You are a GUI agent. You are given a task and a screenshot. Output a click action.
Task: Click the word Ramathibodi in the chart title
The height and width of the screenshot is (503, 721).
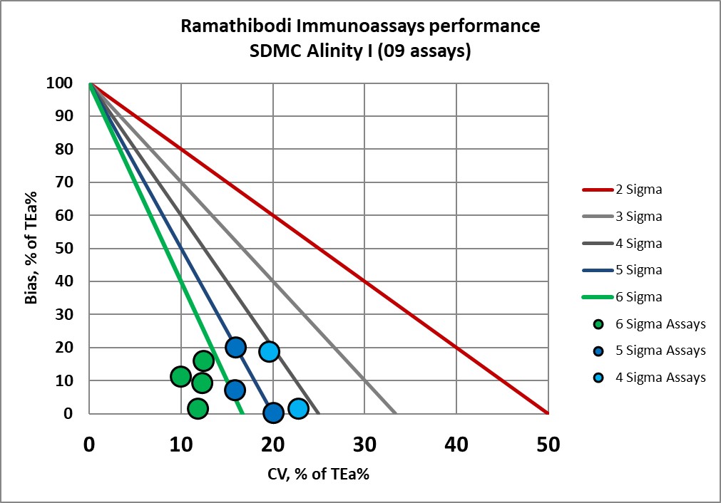(228, 26)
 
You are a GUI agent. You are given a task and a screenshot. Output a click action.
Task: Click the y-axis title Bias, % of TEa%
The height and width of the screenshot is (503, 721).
(32, 249)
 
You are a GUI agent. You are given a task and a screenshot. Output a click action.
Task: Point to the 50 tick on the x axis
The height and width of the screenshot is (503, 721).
(547, 446)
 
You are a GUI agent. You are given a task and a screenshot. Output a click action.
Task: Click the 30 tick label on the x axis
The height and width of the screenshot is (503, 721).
(364, 446)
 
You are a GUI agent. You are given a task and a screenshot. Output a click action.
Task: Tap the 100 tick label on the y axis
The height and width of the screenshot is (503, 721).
(60, 83)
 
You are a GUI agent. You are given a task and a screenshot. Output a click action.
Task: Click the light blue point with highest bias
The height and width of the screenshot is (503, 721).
(269, 351)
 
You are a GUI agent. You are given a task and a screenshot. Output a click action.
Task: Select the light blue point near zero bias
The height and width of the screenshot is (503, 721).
(298, 409)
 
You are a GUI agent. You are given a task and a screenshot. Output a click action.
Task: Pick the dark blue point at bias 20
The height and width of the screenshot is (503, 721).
(235, 347)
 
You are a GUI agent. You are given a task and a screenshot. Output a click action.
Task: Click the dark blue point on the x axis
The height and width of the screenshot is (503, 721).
(273, 413)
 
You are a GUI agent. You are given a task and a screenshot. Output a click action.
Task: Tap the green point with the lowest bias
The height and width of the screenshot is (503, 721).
(198, 408)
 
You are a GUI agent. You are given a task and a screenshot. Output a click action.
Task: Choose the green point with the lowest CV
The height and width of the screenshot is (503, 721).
(180, 376)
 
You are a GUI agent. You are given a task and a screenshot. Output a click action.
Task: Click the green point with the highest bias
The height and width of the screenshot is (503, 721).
(203, 361)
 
